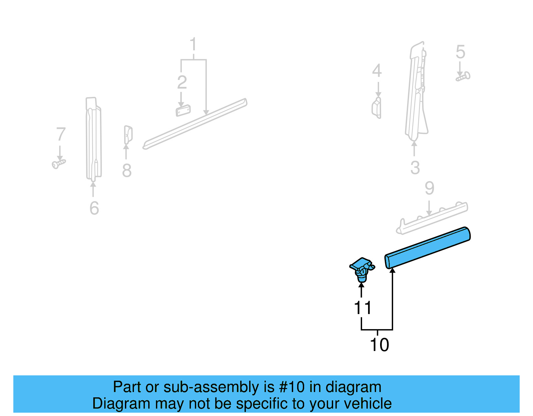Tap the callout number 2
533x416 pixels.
coord(182,82)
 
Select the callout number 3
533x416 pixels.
coord(415,168)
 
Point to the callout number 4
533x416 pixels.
coord(377,71)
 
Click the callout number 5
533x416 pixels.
coord(460,52)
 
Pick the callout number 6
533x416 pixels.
coord(94,208)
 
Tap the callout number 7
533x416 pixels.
coord(61,134)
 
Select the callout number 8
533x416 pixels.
coord(127,171)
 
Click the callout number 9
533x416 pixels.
coord(429,189)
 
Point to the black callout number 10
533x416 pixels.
coord(379,345)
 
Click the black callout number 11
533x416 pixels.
coord(362,308)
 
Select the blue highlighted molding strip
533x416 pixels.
coord(427,248)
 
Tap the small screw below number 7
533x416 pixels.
coord(59,164)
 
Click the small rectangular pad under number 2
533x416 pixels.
coord(183,110)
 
